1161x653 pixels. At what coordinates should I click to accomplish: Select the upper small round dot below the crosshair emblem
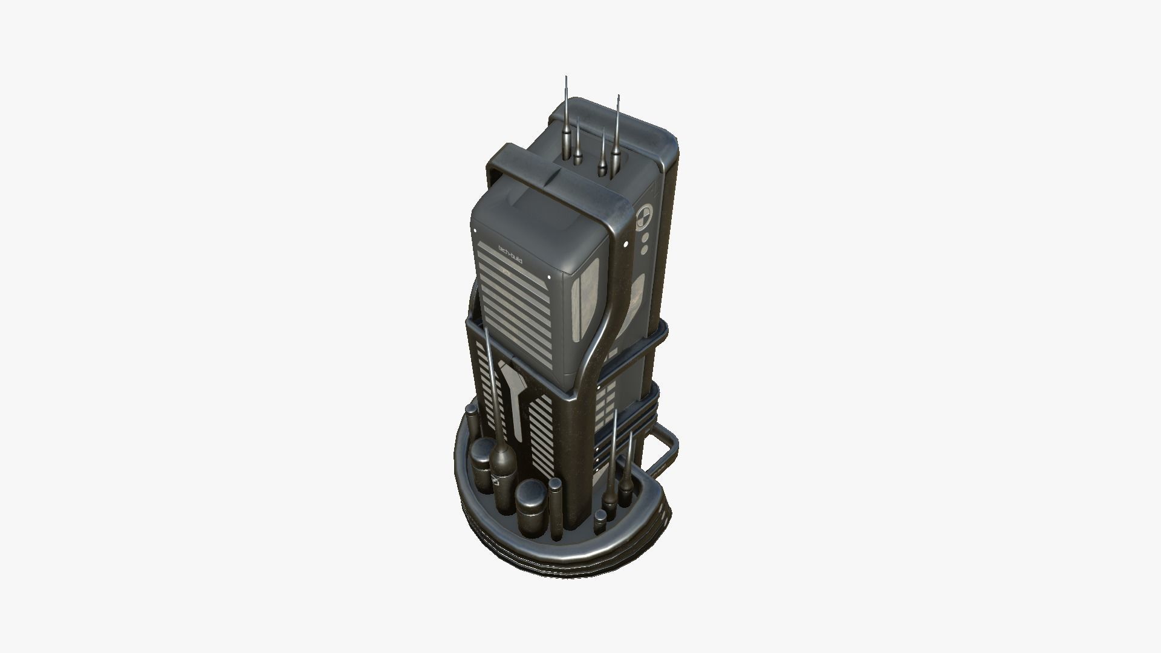point(645,238)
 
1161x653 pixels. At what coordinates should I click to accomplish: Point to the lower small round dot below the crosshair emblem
point(645,249)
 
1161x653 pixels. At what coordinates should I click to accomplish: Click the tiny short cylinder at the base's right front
point(599,522)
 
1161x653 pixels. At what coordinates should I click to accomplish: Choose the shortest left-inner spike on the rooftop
point(578,145)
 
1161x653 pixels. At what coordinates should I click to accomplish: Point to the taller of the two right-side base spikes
point(613,460)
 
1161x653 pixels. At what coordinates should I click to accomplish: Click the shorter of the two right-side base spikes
point(628,472)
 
